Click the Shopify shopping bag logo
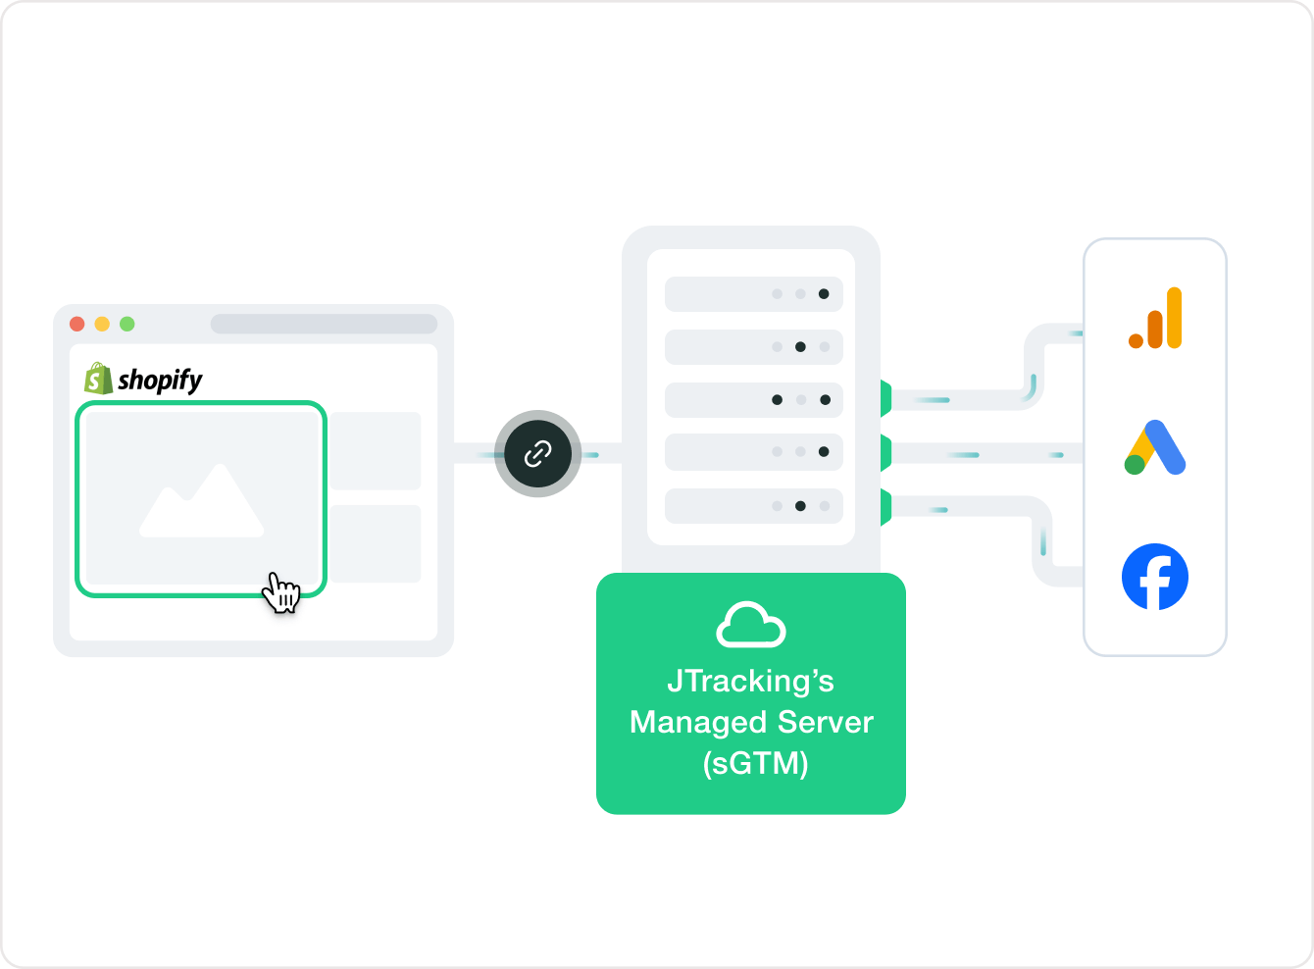click(98, 379)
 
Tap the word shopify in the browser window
click(160, 380)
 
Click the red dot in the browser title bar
click(77, 324)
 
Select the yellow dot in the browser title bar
click(102, 324)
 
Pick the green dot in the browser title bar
click(126, 324)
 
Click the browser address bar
click(324, 324)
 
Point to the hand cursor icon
click(282, 592)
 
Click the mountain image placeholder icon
click(202, 501)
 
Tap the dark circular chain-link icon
click(537, 453)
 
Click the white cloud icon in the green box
click(751, 626)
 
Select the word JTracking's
click(750, 681)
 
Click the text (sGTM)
click(755, 762)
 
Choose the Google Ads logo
click(1155, 448)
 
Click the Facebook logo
click(1155, 577)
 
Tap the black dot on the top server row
click(824, 294)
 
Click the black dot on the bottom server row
click(800, 506)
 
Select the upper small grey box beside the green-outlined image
click(376, 451)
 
